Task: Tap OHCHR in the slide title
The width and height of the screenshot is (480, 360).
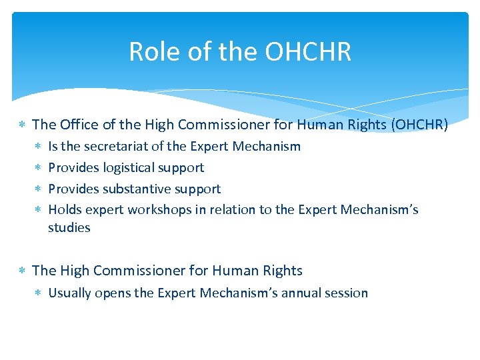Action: point(308,51)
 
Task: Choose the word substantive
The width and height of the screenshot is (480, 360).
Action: point(141,189)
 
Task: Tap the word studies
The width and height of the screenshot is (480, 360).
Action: point(69,227)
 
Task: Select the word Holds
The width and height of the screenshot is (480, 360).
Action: point(65,210)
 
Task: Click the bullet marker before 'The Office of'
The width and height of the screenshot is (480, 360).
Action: point(22,125)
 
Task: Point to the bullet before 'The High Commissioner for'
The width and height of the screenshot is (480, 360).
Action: point(22,271)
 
